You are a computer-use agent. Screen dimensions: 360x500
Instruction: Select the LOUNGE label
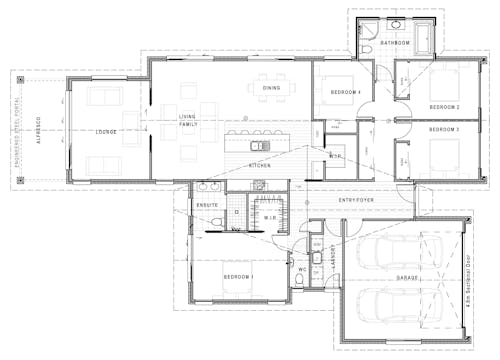(106, 131)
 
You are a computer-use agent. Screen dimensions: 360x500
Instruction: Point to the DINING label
(272, 88)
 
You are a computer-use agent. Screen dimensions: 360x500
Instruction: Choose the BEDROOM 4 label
(345, 93)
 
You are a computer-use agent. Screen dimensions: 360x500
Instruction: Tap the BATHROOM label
(396, 44)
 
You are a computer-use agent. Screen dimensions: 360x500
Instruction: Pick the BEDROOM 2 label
(444, 106)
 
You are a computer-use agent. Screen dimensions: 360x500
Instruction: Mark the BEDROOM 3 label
(444, 130)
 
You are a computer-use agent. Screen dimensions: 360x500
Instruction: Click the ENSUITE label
(207, 205)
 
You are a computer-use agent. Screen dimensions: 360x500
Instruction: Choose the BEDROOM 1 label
(238, 276)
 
